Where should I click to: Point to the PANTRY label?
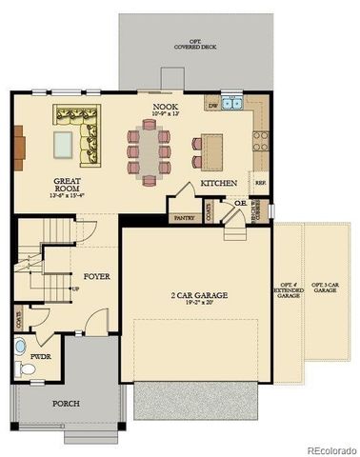[184, 218]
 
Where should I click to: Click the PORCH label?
[66, 403]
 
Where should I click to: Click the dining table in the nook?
[150, 150]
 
